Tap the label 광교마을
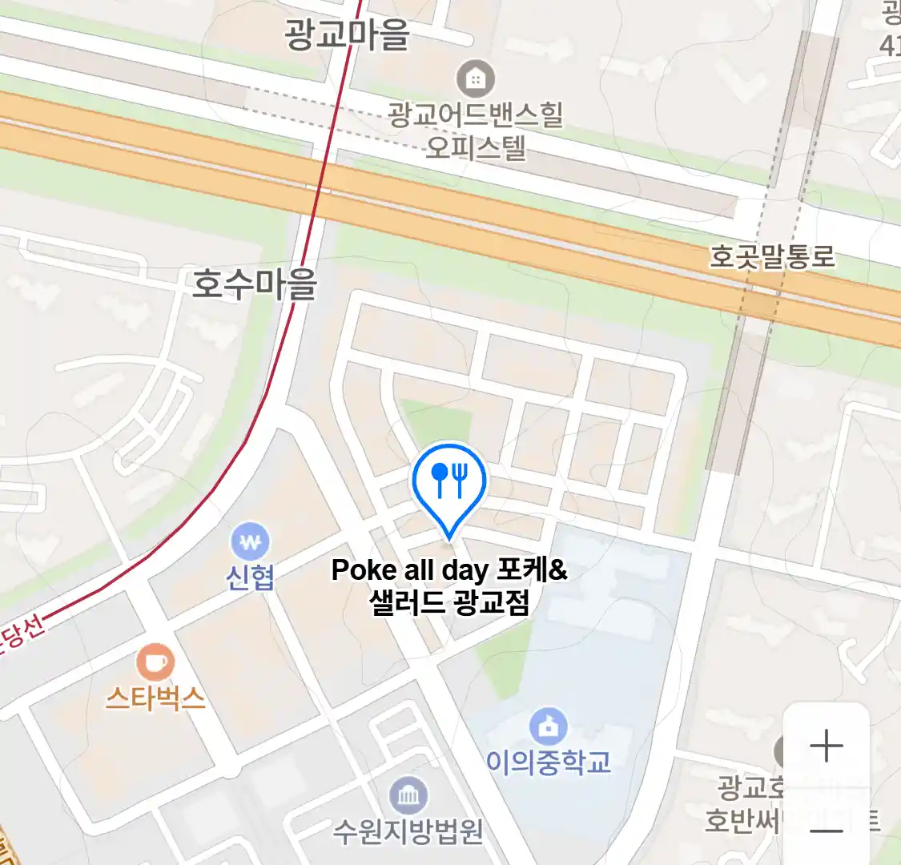[x=347, y=34]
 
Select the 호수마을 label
[x=255, y=284]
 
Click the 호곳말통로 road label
[x=772, y=257]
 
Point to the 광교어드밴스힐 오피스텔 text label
[x=476, y=131]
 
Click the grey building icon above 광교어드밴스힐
[x=476, y=78]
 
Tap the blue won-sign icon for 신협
[x=250, y=542]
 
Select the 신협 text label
[x=250, y=577]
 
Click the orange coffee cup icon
[x=155, y=662]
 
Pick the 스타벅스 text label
[x=155, y=698]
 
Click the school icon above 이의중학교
[x=549, y=727]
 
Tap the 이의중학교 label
[x=549, y=762]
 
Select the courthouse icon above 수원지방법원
[x=408, y=795]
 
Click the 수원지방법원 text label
[x=408, y=831]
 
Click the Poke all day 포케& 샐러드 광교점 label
[x=449, y=585]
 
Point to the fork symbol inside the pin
[x=460, y=478]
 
